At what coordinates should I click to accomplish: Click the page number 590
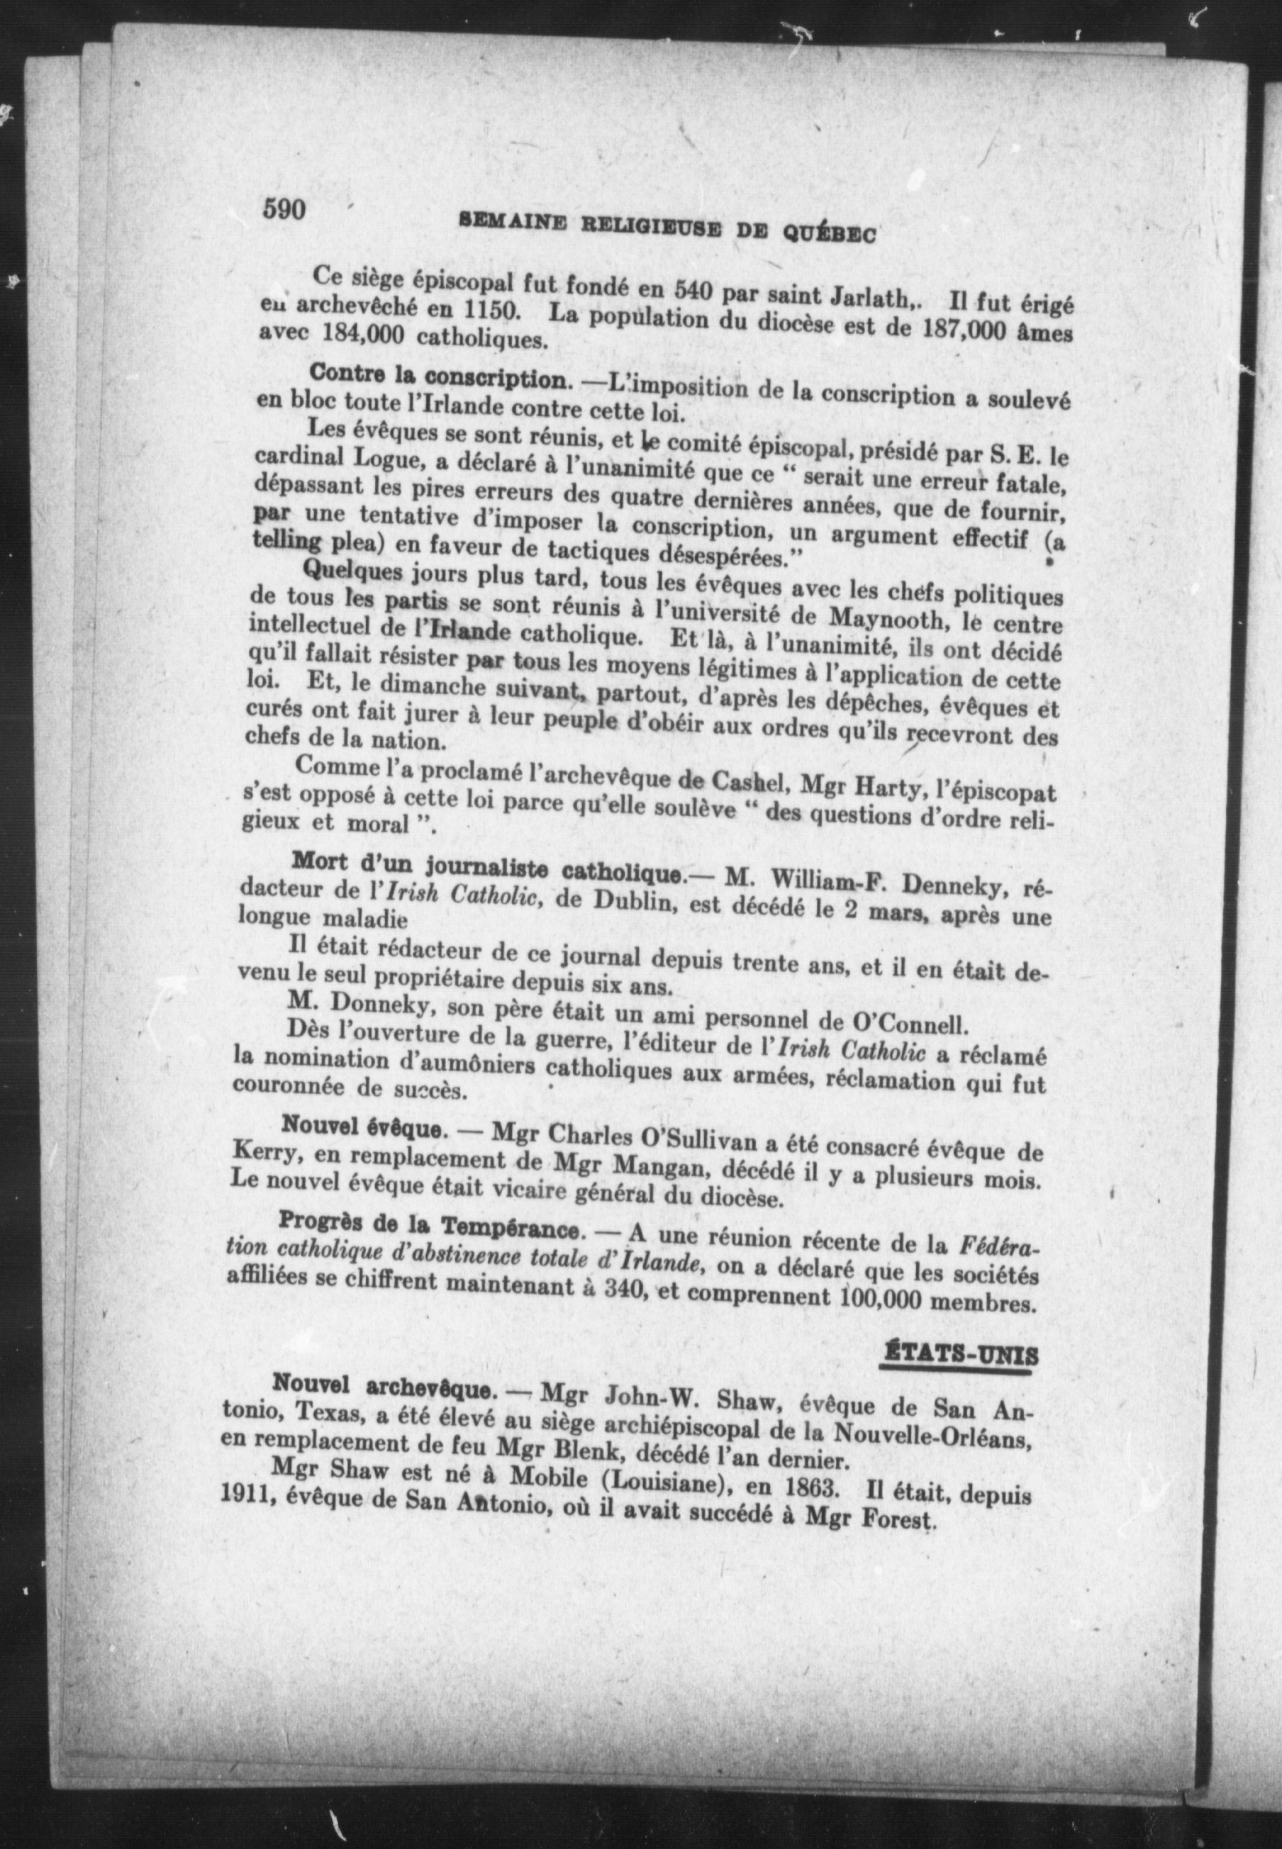284,210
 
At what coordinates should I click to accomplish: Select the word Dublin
632,900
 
